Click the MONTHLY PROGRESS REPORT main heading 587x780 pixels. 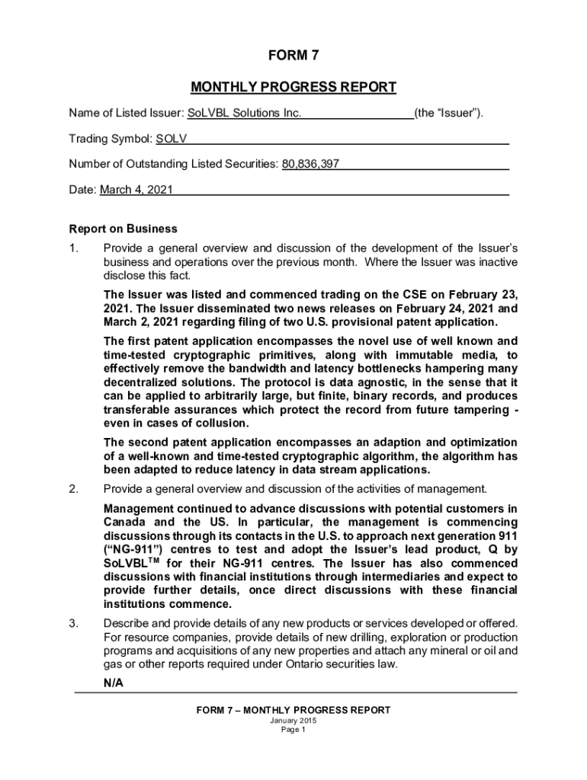pos(293,87)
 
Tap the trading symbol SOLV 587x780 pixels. pos(172,139)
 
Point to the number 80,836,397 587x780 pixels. pos(310,165)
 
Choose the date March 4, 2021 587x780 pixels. pos(136,190)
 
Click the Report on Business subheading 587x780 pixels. pos(123,229)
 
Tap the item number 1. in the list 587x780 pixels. pos(74,248)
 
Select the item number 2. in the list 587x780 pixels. pos(74,489)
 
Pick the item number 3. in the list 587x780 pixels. pos(74,624)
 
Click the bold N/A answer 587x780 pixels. pos(114,683)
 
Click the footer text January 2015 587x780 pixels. pos(293,721)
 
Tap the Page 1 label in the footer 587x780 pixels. pos(293,730)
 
